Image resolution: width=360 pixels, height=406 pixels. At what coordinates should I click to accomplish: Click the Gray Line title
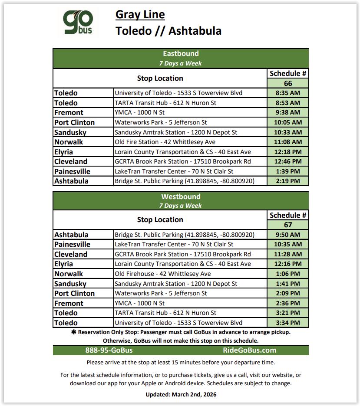(x=140, y=15)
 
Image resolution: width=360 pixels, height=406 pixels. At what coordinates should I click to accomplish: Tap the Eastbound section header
(x=181, y=54)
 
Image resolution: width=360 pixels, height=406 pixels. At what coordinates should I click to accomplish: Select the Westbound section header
(x=181, y=196)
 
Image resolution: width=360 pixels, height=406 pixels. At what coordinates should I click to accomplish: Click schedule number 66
(x=288, y=83)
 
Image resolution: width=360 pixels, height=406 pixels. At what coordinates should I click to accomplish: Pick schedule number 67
(x=288, y=225)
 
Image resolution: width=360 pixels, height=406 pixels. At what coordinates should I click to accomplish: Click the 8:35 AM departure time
(x=288, y=93)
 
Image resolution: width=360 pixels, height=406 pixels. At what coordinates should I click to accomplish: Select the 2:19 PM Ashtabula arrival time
(x=288, y=181)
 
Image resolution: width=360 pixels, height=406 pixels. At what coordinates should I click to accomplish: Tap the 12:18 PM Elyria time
(x=288, y=152)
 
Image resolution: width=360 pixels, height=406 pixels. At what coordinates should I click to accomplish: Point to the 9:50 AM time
(x=288, y=235)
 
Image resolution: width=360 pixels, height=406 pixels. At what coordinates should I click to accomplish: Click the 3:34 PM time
(x=288, y=323)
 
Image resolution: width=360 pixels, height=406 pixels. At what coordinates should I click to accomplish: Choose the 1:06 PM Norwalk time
(x=288, y=274)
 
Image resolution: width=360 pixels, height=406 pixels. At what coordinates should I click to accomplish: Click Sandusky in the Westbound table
(x=70, y=284)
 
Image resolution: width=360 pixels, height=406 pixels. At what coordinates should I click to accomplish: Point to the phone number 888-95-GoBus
(x=109, y=350)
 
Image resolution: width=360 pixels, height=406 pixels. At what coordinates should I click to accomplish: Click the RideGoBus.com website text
(x=249, y=350)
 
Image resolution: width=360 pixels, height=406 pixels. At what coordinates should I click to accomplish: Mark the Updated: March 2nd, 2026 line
(x=181, y=394)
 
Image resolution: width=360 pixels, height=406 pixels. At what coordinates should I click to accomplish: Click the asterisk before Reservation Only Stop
(x=73, y=332)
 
